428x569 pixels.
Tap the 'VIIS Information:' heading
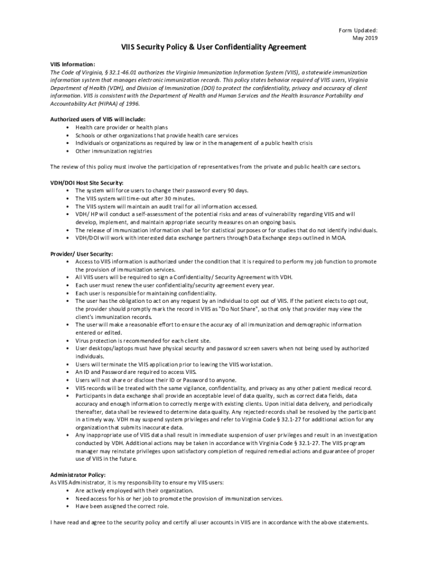coord(73,64)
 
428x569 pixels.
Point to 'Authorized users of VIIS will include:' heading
coord(98,119)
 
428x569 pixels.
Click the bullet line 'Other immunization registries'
coord(113,151)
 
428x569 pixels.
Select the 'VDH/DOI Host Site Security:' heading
coord(87,183)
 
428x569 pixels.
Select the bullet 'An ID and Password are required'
coord(136,372)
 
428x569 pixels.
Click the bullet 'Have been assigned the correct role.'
coord(122,506)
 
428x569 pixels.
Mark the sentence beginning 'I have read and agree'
coord(209,522)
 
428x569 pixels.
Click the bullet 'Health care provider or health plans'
coord(121,127)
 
